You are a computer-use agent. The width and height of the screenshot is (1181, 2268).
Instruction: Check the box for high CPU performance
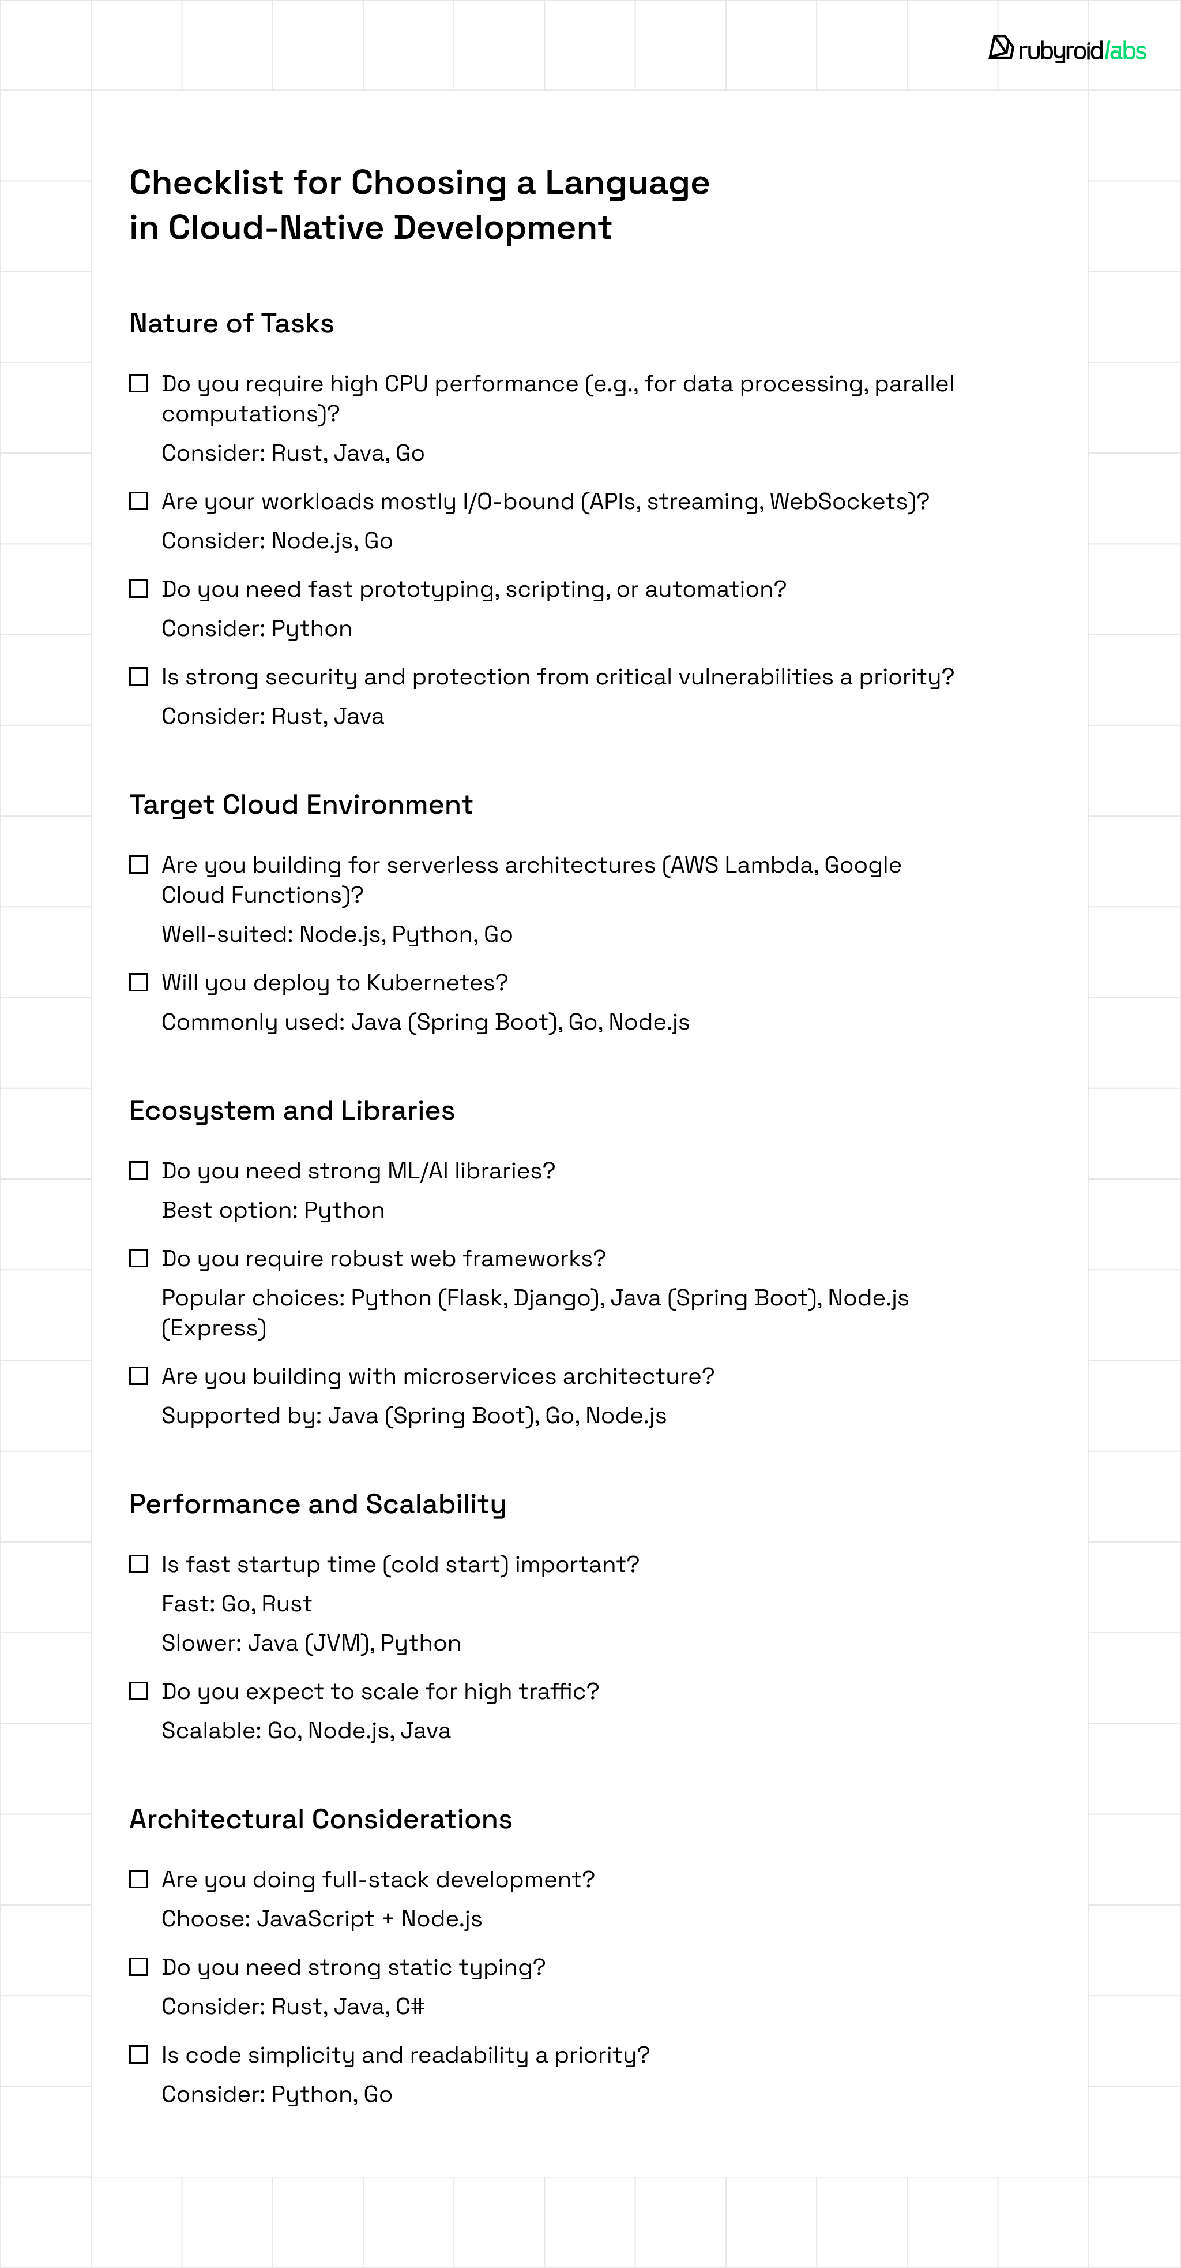[138, 383]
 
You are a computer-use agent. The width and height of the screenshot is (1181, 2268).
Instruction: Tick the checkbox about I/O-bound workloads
[138, 501]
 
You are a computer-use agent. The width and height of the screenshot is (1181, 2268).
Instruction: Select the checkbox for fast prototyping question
[138, 589]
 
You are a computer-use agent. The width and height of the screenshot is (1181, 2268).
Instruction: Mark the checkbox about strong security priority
[138, 676]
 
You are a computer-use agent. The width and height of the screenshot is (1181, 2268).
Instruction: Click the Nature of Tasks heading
[231, 323]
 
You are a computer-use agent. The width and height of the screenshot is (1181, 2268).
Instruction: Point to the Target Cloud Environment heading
[301, 804]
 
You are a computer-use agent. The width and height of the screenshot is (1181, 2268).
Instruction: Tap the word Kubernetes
[437, 983]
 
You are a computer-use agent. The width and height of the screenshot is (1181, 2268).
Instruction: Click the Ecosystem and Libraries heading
[291, 1110]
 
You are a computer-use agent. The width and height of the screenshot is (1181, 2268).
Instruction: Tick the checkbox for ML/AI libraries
[138, 1170]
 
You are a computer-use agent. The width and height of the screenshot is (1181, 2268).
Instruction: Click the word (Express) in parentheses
[214, 1328]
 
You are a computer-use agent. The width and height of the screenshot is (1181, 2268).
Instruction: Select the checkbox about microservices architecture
[138, 1376]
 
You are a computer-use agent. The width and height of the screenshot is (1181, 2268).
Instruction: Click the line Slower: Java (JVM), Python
[311, 1643]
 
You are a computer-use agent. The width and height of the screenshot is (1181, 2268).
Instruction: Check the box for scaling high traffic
[138, 1691]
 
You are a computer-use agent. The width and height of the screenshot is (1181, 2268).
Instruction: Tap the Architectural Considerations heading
[320, 1819]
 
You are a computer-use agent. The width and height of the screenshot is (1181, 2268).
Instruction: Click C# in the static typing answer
[410, 2007]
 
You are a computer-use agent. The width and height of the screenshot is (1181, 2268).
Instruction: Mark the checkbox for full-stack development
[138, 1879]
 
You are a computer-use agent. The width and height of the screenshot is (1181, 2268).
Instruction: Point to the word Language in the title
[627, 183]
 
